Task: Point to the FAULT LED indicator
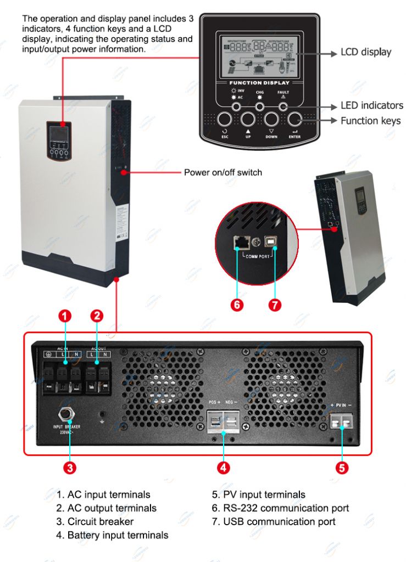[x=283, y=105]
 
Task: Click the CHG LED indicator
[x=260, y=105]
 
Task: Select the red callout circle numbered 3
[x=70, y=468]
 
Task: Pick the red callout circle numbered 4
[x=223, y=468]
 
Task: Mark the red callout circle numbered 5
[x=342, y=468]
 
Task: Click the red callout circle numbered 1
[x=65, y=316]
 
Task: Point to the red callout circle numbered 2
[x=97, y=316]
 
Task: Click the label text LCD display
[x=366, y=53]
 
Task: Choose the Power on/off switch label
[x=223, y=172]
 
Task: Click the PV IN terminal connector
[x=342, y=421]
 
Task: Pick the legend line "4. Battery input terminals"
[x=113, y=535]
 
